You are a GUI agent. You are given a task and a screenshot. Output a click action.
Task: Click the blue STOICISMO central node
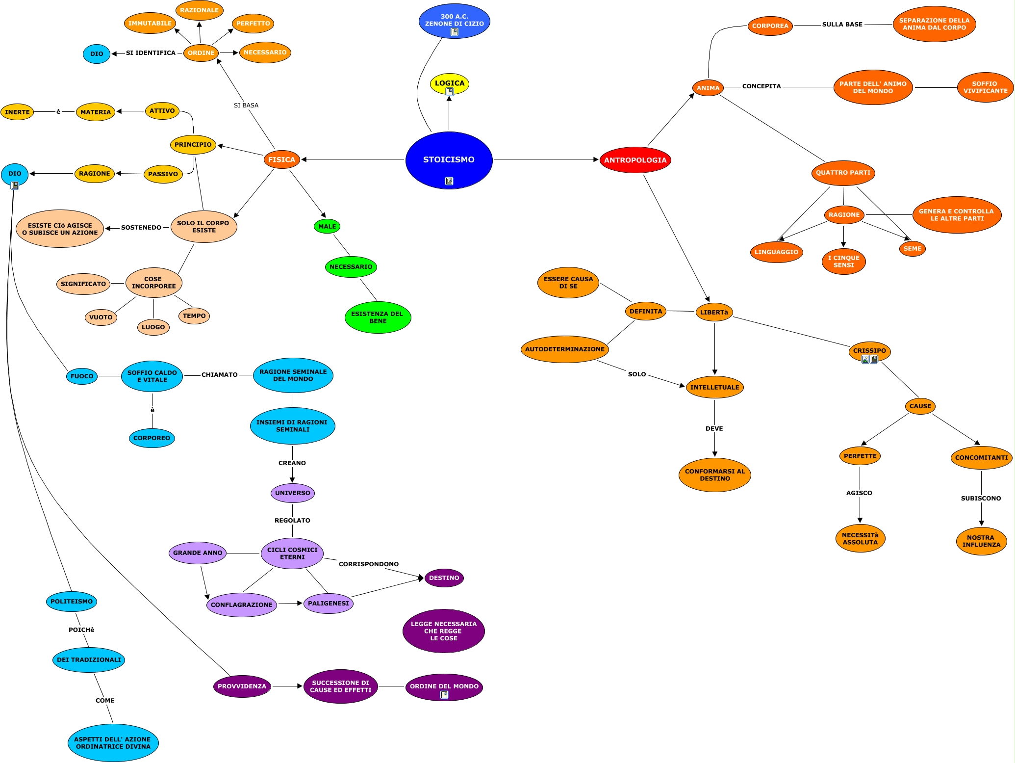point(449,160)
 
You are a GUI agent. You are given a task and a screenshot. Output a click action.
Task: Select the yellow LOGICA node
point(449,83)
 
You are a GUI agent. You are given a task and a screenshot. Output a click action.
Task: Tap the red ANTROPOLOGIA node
point(635,160)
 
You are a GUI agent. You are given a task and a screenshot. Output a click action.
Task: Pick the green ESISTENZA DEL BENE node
point(378,317)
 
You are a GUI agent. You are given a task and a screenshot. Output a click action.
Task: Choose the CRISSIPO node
point(869,350)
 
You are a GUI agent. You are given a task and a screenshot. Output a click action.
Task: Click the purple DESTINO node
point(444,578)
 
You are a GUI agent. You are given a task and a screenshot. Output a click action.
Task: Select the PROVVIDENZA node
point(242,686)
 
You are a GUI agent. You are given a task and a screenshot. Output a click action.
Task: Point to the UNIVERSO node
point(292,493)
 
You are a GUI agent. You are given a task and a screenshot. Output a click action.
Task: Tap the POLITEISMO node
point(72,602)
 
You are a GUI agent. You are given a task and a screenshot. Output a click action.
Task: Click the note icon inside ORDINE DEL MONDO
point(444,695)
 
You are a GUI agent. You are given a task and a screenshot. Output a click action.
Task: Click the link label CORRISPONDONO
point(368,564)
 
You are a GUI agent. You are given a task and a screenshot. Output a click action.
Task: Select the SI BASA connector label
point(246,105)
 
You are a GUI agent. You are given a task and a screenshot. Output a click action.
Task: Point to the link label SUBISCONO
point(981,499)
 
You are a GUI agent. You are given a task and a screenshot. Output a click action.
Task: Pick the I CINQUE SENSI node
point(843,262)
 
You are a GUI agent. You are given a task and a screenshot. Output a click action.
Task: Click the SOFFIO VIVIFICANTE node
point(985,87)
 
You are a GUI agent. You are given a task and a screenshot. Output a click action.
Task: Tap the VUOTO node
point(101,317)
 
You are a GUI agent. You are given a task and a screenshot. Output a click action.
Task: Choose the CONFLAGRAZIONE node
point(241,605)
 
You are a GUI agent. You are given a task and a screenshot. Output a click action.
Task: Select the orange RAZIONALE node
point(199,10)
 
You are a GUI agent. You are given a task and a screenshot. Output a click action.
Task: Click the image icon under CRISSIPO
point(865,359)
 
